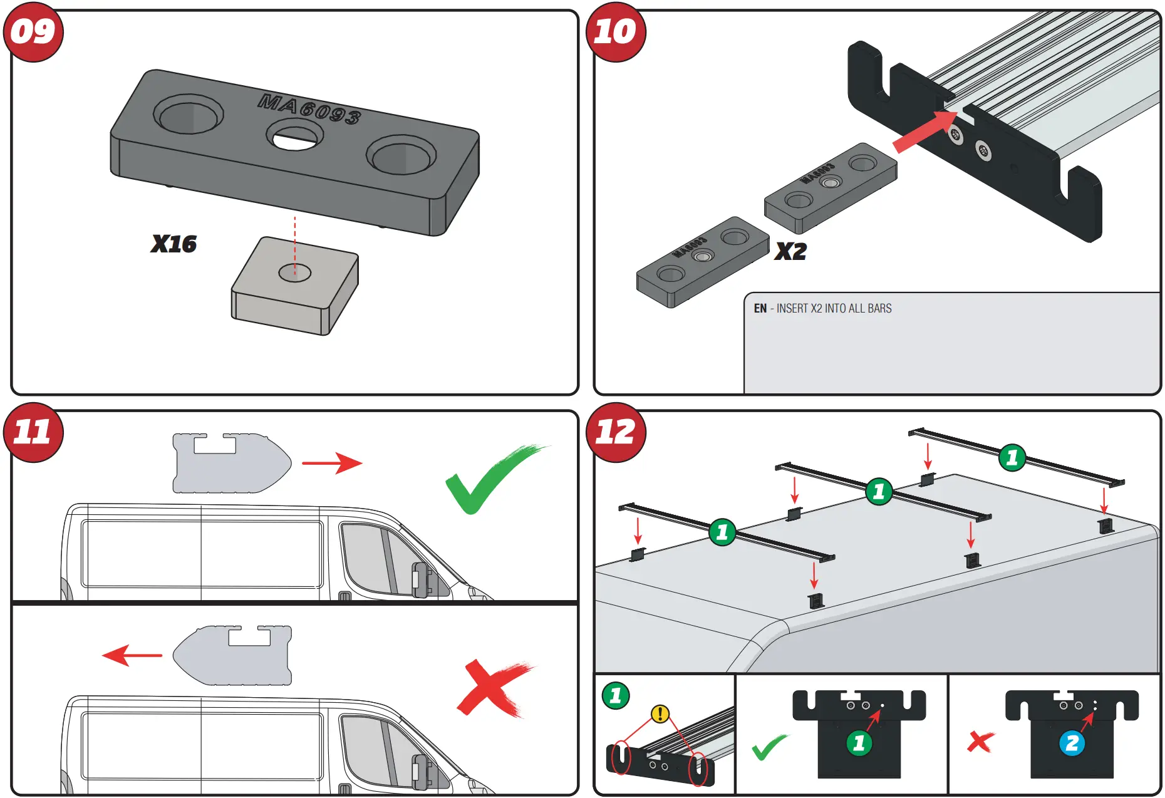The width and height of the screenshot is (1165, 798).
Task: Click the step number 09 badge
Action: point(33,32)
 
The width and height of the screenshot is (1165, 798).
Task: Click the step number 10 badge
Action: point(615,32)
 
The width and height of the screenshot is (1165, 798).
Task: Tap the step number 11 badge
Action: point(33,433)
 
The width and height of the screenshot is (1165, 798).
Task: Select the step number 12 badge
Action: point(615,433)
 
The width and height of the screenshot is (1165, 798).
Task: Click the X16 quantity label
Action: point(173,244)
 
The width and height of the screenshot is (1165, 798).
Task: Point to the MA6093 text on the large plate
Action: point(309,109)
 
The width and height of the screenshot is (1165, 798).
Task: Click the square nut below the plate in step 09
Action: point(294,286)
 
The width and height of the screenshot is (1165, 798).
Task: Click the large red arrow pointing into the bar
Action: point(924,132)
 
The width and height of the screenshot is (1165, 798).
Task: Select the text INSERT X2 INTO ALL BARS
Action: point(833,308)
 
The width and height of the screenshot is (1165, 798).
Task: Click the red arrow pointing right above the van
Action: point(332,464)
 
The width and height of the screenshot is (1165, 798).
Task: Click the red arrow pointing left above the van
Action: point(132,656)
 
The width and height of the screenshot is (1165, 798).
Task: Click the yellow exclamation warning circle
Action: point(660,713)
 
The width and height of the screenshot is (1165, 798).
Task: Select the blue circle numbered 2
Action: point(1072,744)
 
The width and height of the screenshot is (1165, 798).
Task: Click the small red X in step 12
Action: point(980,742)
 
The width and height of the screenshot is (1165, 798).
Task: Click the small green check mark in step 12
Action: point(769,747)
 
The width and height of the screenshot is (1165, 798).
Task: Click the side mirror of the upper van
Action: point(419,579)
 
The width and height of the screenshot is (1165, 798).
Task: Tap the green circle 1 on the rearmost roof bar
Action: point(1012,458)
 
